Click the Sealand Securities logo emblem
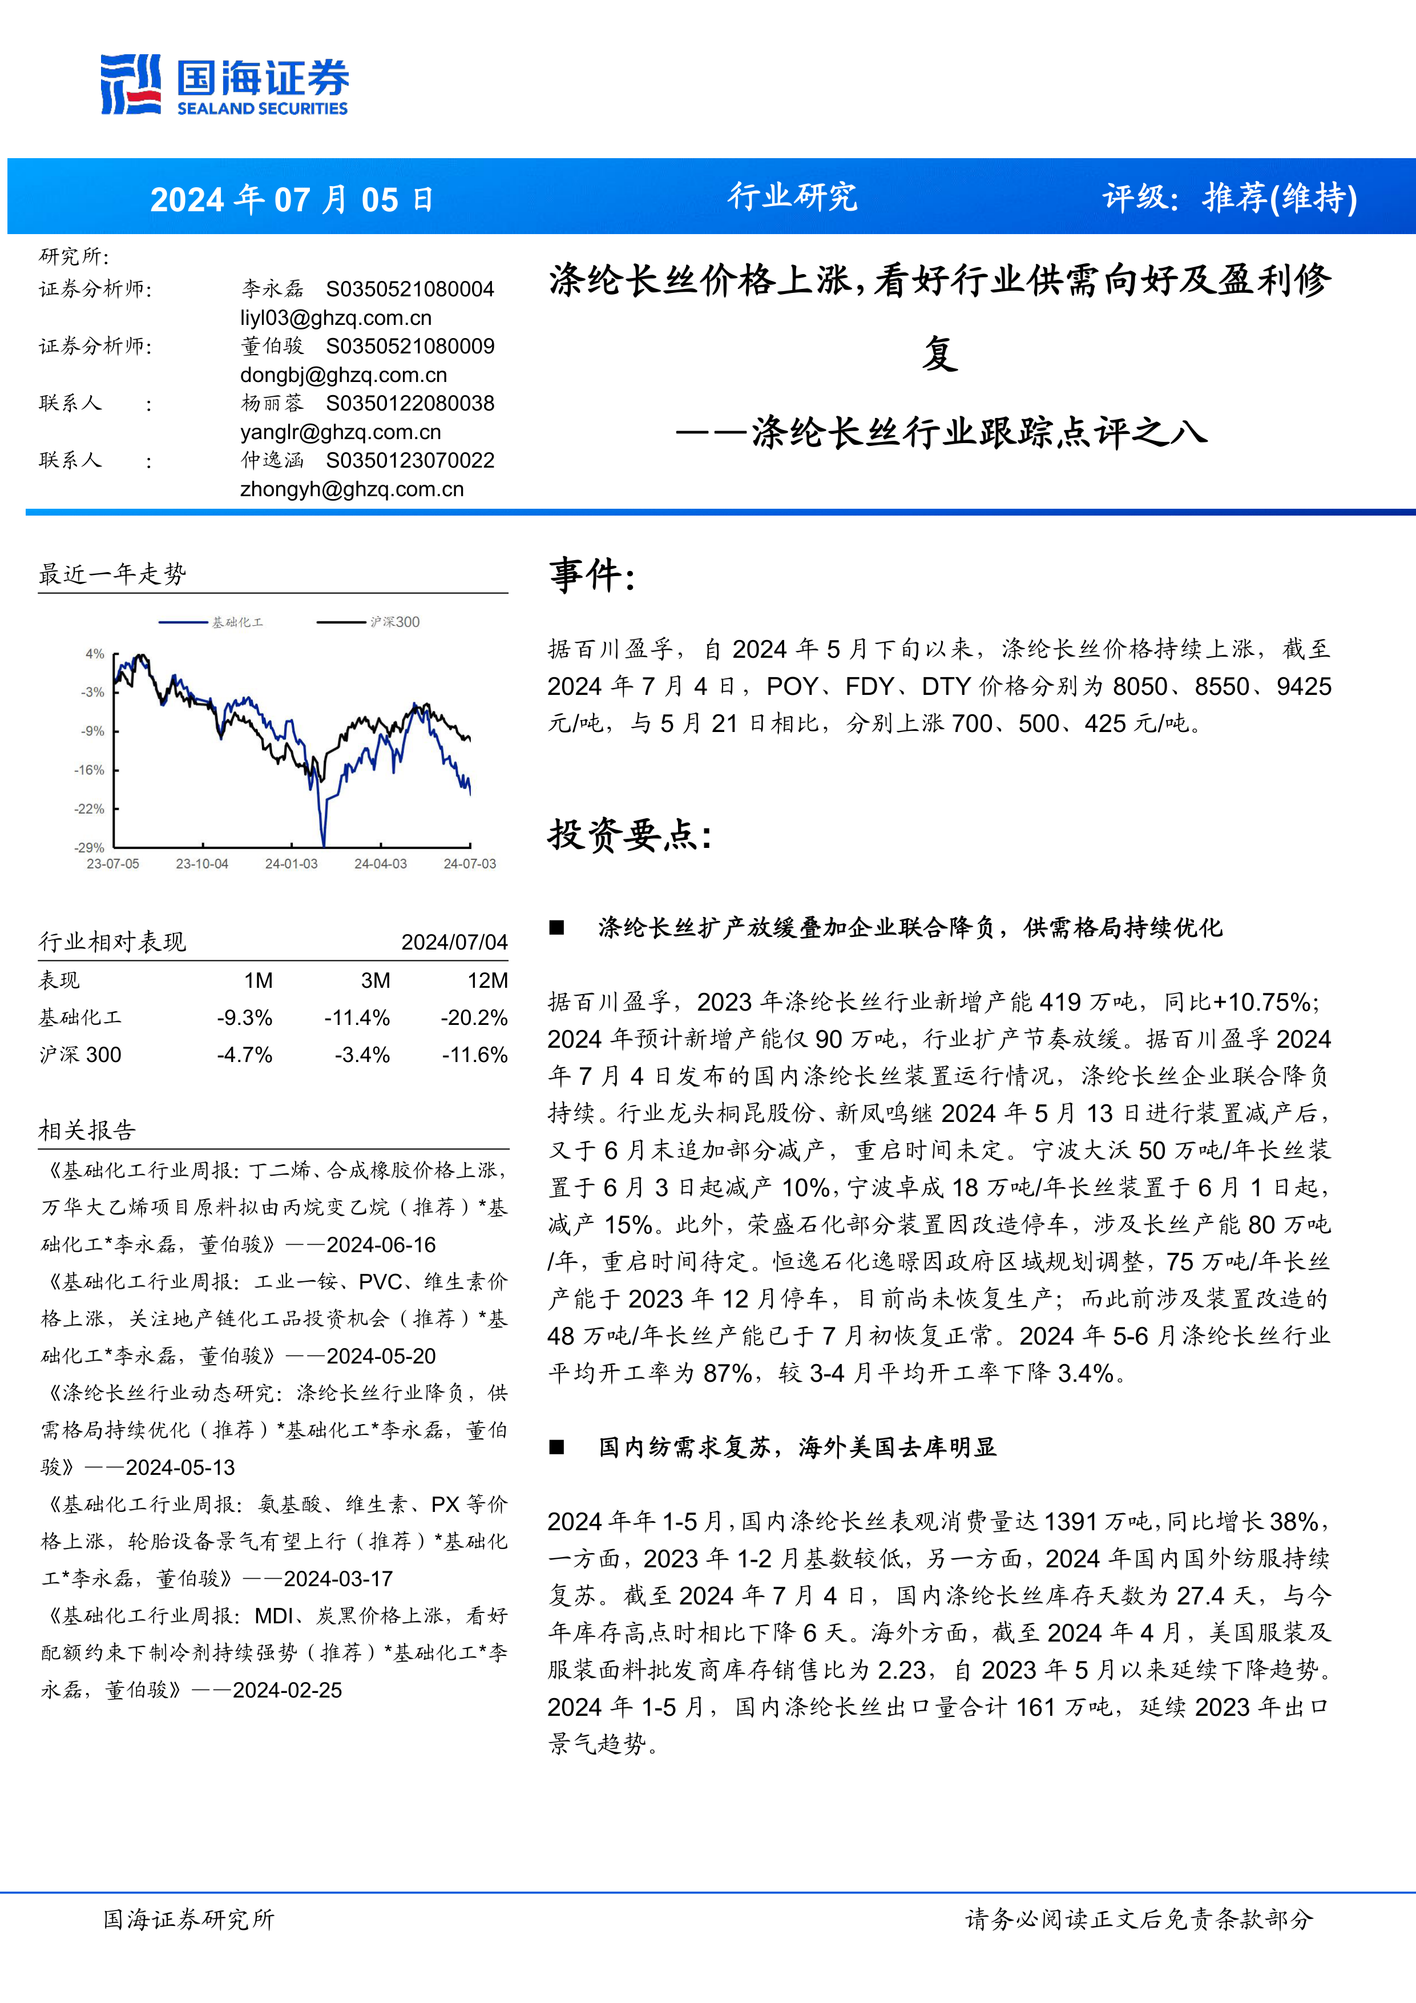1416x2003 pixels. [131, 84]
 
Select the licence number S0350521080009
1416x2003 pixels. [410, 347]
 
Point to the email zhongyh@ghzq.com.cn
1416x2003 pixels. [352, 489]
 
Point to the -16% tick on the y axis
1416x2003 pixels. [89, 770]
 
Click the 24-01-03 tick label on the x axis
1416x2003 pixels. [291, 864]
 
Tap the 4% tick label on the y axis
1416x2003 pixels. [94, 653]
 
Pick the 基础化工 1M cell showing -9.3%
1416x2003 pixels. [245, 1018]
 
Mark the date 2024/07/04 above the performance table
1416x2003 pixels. [454, 942]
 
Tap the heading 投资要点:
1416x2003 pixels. [630, 835]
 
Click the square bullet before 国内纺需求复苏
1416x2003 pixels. [556, 1448]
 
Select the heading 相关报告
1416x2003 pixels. [87, 1131]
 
